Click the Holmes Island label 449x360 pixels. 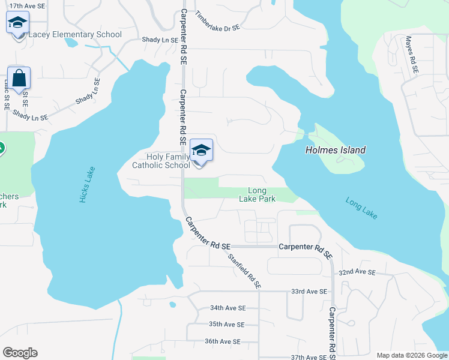coord(335,151)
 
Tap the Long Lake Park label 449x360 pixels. coord(257,195)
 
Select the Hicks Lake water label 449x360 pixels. coord(83,187)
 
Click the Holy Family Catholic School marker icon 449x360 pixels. coord(201,150)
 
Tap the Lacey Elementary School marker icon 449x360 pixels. coord(17,23)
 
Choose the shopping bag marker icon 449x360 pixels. coord(19,78)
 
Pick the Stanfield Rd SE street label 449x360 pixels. coord(244,271)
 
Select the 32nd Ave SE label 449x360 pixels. coord(357,272)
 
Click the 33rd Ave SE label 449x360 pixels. coord(309,292)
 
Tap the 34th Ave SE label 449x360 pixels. coord(228,308)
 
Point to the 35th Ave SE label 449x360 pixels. coord(226,325)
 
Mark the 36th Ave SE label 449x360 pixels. coord(222,341)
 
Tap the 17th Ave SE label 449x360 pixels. coord(28,5)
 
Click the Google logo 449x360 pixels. coord(20,353)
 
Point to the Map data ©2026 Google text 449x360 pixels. coord(411,355)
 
